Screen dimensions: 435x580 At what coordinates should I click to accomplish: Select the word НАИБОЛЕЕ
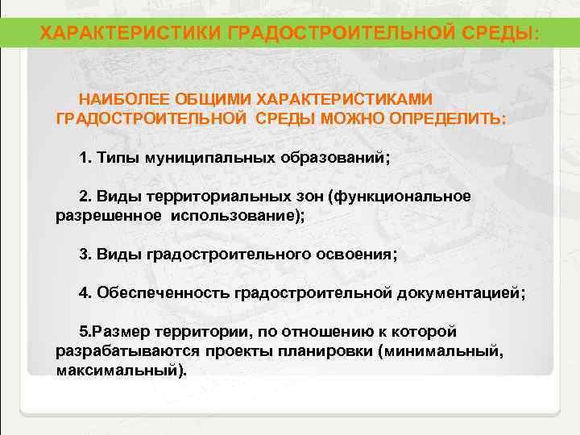[x=117, y=99]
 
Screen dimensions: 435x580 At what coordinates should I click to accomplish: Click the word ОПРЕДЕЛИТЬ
[x=448, y=118]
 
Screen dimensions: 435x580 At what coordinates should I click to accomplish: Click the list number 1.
[x=85, y=157]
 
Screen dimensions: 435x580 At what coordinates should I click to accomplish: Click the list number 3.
[x=85, y=255]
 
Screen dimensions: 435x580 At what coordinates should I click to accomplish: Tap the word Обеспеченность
[x=164, y=293]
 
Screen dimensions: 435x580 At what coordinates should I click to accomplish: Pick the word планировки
[x=343, y=351]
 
